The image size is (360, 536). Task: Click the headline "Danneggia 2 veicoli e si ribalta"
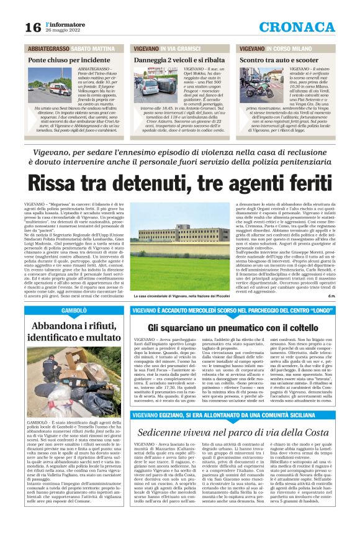(179, 60)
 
